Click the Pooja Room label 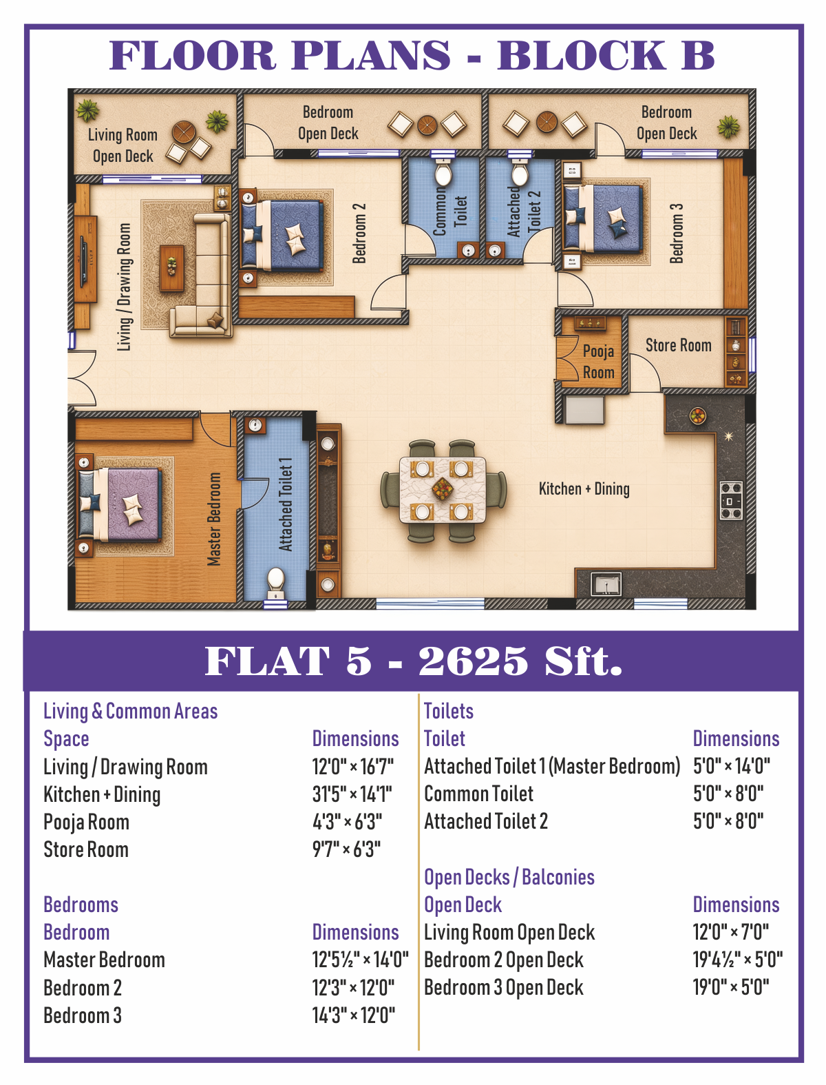pyautogui.click(x=598, y=362)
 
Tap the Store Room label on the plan pyautogui.click(x=679, y=345)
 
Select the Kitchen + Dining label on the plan pyautogui.click(x=584, y=489)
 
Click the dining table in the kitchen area pyautogui.click(x=443, y=490)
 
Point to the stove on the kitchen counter pyautogui.click(x=731, y=500)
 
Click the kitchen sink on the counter pyautogui.click(x=606, y=584)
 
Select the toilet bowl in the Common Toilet pyautogui.click(x=443, y=173)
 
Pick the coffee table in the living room pyautogui.click(x=172, y=269)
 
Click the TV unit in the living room pyautogui.click(x=85, y=258)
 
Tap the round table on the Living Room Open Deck pyautogui.click(x=184, y=132)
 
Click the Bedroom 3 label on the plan pyautogui.click(x=676, y=234)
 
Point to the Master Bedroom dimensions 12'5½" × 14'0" pyautogui.click(x=360, y=960)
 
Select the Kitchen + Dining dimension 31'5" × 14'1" pyautogui.click(x=352, y=794)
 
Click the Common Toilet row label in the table pyautogui.click(x=478, y=794)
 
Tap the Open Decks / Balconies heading pyautogui.click(x=509, y=878)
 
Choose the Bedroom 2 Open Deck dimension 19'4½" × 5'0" pyautogui.click(x=738, y=960)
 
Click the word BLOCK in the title pyautogui.click(x=581, y=54)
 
